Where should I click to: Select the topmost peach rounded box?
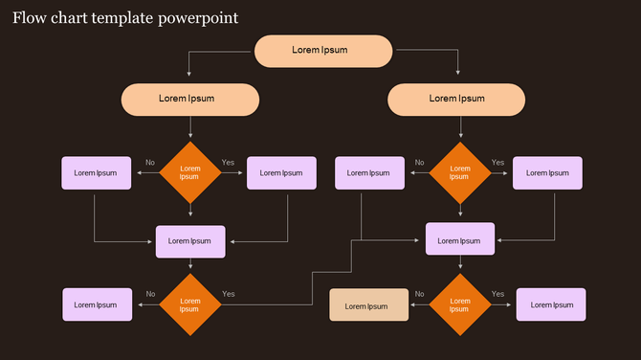pyautogui.click(x=323, y=51)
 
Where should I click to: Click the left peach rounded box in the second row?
pyautogui.click(x=190, y=99)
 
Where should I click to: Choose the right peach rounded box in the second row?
pyautogui.click(x=456, y=99)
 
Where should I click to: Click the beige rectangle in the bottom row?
pyautogui.click(x=369, y=305)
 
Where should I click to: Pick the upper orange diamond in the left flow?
pyautogui.click(x=190, y=173)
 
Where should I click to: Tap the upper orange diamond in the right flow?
pyautogui.click(x=460, y=173)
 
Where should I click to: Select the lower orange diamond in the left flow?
pyautogui.click(x=190, y=304)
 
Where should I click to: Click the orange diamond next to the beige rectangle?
pyautogui.click(x=460, y=304)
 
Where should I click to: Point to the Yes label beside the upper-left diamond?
pyautogui.click(x=228, y=163)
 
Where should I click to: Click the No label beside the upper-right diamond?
pyautogui.click(x=419, y=163)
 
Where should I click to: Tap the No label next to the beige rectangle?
pyautogui.click(x=419, y=294)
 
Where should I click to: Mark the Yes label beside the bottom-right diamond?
pyautogui.click(x=497, y=294)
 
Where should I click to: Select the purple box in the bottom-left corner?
pyautogui.click(x=96, y=304)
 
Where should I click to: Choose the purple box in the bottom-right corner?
pyautogui.click(x=551, y=304)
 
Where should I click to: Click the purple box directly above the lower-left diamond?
pyautogui.click(x=190, y=241)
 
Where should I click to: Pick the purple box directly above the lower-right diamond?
pyautogui.click(x=460, y=238)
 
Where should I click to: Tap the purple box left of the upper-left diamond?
pyautogui.click(x=96, y=173)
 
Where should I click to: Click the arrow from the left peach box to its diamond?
pyautogui.click(x=190, y=127)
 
